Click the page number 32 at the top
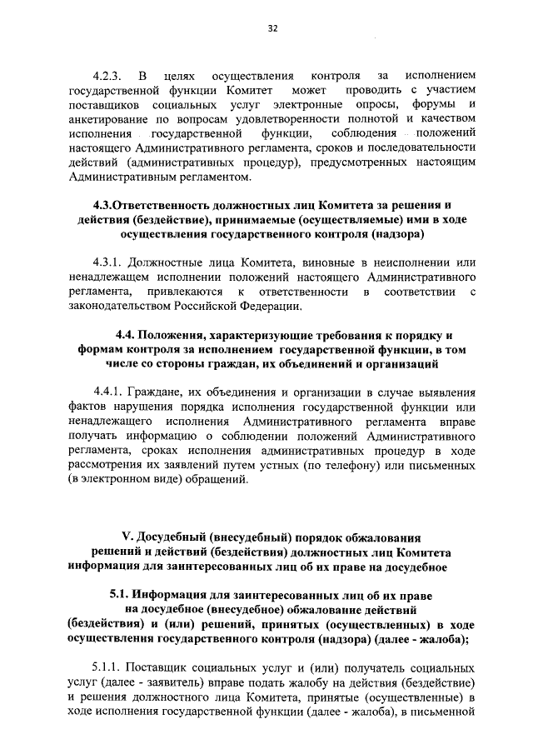[x=272, y=27]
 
